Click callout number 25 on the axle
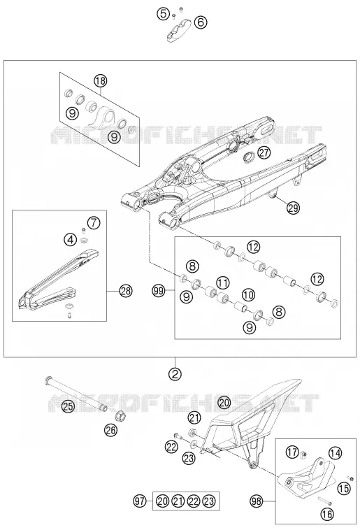coord(69,406)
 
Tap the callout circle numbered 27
coord(264,152)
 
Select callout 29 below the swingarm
coord(293,208)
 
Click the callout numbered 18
coord(101,81)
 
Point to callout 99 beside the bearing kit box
coord(158,290)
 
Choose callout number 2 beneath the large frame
coord(175,374)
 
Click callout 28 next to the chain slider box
coord(126,291)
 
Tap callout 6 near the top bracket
coord(201,22)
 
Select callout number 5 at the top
coord(164,14)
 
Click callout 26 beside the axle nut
coord(111,430)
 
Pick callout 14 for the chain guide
coord(335,453)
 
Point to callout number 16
coord(327,514)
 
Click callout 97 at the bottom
coord(140,501)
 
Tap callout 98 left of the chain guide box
coord(257,501)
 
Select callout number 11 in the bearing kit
coord(222,282)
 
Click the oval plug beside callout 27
coord(250,157)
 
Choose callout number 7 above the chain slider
coord(94,223)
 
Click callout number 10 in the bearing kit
coord(248,295)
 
